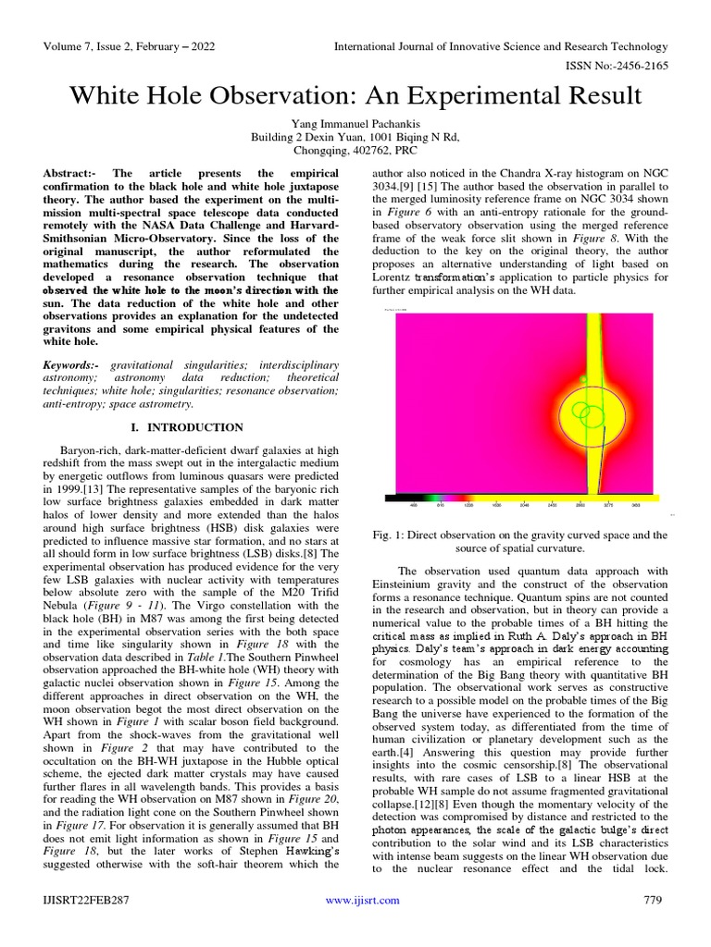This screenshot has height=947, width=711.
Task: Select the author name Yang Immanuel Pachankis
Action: tap(355, 122)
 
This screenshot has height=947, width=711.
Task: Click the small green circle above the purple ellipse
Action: tap(582, 379)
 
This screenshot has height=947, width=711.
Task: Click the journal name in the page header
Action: tap(500, 46)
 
